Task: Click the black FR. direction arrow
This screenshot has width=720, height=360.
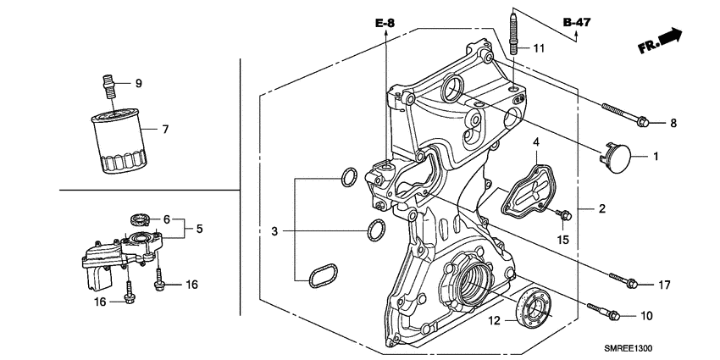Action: (x=668, y=36)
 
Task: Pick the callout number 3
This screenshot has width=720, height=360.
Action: (x=273, y=230)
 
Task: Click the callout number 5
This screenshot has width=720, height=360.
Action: (x=200, y=229)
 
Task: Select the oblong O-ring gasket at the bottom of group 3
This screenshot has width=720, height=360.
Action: (x=322, y=275)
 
